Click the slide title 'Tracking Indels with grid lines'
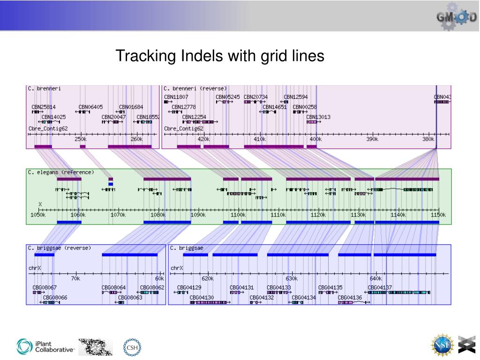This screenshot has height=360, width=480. coord(220,56)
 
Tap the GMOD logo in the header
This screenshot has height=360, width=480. coord(457,16)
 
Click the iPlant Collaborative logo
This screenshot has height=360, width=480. coord(45,346)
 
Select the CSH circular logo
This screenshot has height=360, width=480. coord(132,347)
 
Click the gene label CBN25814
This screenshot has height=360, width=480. coord(44,107)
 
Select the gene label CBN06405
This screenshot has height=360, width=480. coord(90,107)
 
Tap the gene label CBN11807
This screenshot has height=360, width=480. coord(176,97)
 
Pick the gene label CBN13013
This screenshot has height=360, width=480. coord(318,117)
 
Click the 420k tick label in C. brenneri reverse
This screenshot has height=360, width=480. coord(204,139)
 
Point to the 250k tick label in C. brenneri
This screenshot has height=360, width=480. coord(80,139)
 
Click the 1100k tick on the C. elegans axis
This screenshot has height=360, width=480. coord(238,215)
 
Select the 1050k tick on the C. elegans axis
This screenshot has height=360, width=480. coord(38,215)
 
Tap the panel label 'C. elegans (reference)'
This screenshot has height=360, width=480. coord(60,172)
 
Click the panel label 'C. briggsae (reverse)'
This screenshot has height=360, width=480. coord(59,248)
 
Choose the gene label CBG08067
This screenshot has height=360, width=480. coord(45,287)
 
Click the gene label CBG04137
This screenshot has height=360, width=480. coord(380,287)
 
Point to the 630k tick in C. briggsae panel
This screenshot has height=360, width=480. coord(292,278)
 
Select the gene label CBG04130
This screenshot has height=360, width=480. coord(202,297)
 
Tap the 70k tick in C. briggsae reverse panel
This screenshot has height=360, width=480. coord(75,278)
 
